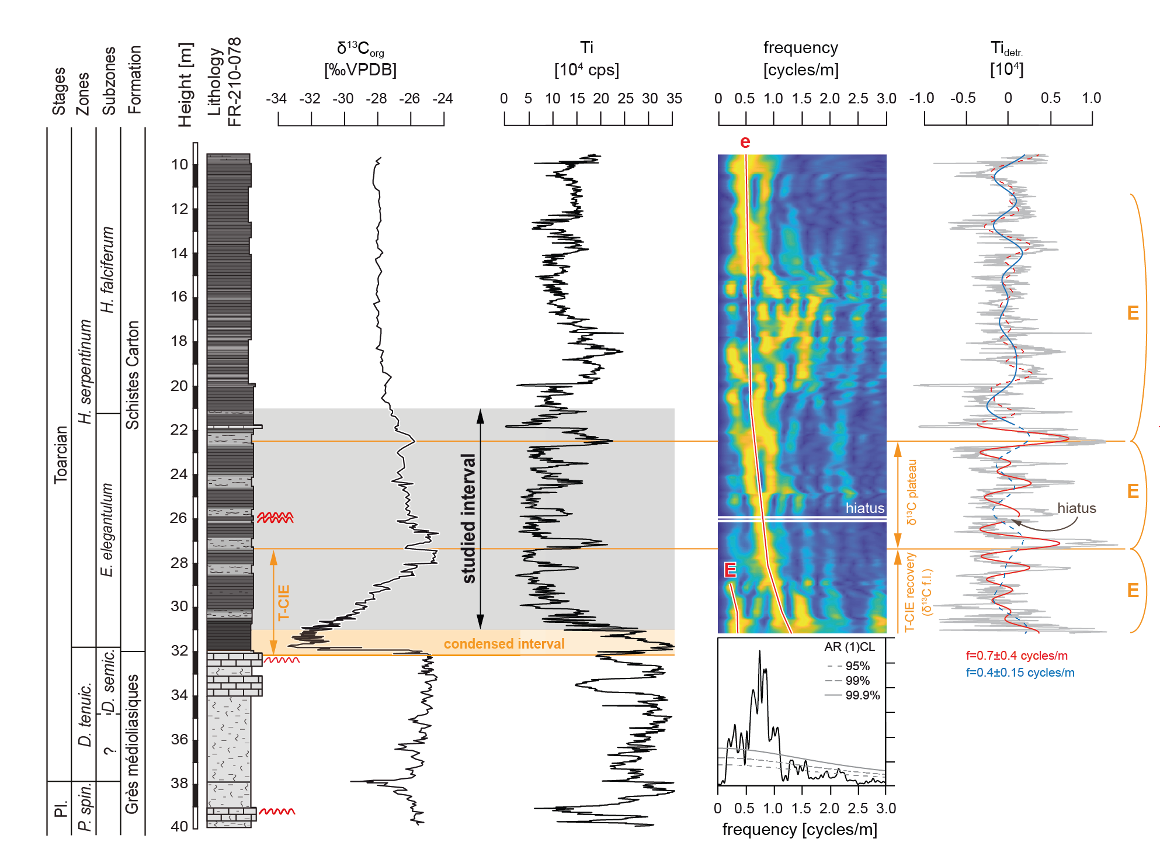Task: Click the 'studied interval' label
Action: click(x=469, y=519)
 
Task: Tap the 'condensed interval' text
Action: click(x=504, y=644)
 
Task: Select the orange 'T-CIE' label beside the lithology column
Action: click(x=284, y=602)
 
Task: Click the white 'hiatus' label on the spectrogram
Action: click(x=865, y=508)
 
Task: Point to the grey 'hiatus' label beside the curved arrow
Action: click(x=1076, y=508)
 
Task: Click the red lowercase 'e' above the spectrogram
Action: click(x=745, y=142)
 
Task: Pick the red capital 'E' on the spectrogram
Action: click(x=730, y=570)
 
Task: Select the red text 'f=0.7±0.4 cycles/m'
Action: click(x=1017, y=656)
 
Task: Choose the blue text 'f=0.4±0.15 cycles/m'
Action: click(x=1020, y=673)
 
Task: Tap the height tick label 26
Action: click(x=179, y=518)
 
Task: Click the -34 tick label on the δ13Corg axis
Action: click(x=276, y=99)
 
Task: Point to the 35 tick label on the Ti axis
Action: click(x=674, y=99)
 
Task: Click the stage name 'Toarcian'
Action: click(x=61, y=455)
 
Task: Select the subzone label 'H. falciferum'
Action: click(x=107, y=270)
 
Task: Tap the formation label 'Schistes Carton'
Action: click(x=133, y=375)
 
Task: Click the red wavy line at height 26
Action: click(x=275, y=517)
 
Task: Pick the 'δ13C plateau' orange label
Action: click(x=911, y=492)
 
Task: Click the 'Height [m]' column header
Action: click(x=185, y=85)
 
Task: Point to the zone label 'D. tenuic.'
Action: click(x=85, y=714)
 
